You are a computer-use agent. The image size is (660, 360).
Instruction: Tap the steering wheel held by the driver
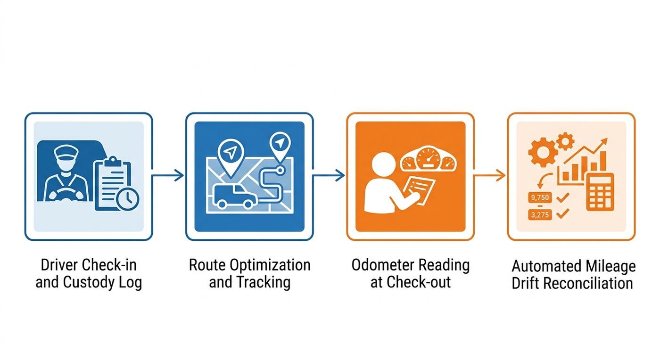tap(66, 195)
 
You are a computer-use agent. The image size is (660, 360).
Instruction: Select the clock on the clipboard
tap(128, 198)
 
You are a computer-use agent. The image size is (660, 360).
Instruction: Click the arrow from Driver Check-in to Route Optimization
tap(168, 176)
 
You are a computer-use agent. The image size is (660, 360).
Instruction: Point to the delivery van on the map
tap(235, 196)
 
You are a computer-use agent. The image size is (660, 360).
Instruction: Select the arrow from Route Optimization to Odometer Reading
tap(329, 176)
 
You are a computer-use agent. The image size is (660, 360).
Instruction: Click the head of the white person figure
tap(383, 165)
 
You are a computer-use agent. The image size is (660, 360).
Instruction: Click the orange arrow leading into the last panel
tap(489, 176)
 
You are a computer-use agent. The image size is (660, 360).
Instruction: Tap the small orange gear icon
tap(565, 141)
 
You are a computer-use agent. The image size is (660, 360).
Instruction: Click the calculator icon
tap(600, 192)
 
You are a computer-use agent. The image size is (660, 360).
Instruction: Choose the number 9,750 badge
tap(540, 197)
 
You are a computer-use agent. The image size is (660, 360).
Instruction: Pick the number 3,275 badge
tap(540, 215)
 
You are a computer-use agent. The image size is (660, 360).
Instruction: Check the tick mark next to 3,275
tap(562, 214)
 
